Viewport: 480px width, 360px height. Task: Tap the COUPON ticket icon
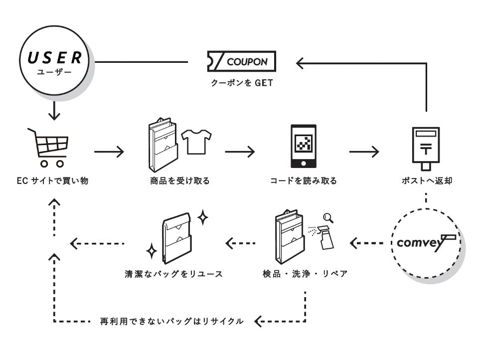242,61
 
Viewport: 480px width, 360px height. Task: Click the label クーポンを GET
242,83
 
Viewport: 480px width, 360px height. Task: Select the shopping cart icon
48,148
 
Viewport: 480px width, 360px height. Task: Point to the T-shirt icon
196,142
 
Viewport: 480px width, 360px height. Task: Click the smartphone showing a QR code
303,146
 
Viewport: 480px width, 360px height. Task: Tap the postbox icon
426,149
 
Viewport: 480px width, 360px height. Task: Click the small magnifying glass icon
328,218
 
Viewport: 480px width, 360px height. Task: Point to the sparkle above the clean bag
203,217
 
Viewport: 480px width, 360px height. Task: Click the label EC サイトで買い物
53,181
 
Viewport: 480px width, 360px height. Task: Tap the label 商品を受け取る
180,181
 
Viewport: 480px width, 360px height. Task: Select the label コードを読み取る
304,181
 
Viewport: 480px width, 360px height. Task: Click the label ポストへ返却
427,181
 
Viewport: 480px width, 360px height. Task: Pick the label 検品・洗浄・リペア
305,274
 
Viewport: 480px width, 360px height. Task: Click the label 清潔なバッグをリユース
173,274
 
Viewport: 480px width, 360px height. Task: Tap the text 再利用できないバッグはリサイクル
172,321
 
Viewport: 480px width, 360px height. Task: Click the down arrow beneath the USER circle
54,111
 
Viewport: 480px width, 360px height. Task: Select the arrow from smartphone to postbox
364,152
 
